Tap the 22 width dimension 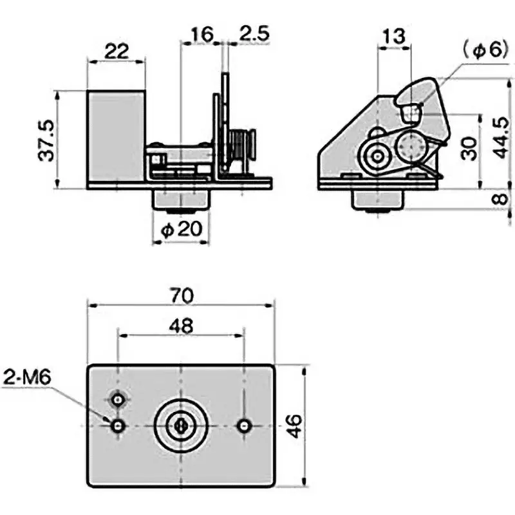pos(116,51)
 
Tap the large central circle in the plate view pos(181,426)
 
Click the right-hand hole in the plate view pos(244,426)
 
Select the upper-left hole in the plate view pos(118,400)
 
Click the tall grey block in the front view pos(116,136)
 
